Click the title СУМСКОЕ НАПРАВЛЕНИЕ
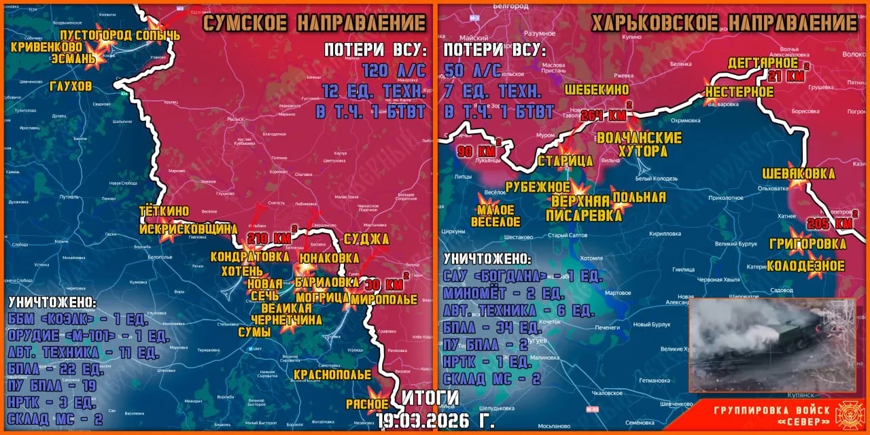tap(315, 23)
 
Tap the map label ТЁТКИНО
tap(164, 211)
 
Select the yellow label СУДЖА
tap(366, 239)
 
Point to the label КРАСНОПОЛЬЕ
tap(332, 375)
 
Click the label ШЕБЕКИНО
tap(596, 89)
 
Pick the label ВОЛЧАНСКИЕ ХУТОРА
tap(639, 144)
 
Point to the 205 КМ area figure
tap(830, 223)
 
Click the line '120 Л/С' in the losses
tap(393, 71)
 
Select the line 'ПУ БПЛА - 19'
tap(52, 385)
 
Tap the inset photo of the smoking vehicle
tap(771, 345)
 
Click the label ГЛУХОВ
tap(71, 86)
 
